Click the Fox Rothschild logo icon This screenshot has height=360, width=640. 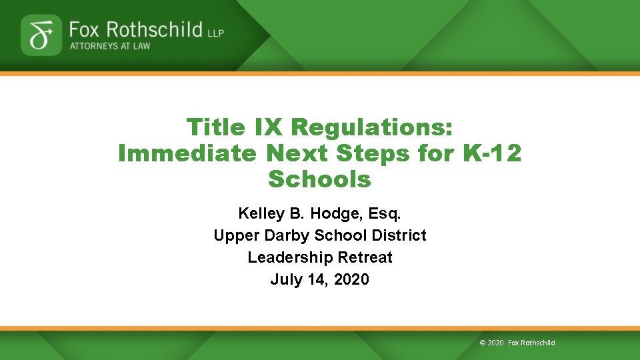point(41,35)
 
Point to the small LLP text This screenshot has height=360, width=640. point(216,32)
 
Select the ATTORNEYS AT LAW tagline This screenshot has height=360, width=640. point(110,46)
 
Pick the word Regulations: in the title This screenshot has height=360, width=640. point(372,127)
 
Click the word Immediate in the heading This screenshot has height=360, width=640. point(187,153)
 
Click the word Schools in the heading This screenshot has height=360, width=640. point(319,179)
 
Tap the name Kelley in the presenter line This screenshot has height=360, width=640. point(260,213)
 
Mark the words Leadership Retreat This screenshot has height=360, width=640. point(319,257)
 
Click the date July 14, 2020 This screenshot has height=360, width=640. point(319,279)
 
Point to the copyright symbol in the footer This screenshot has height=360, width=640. point(483,343)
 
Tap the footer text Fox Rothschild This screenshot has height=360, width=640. point(531,343)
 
